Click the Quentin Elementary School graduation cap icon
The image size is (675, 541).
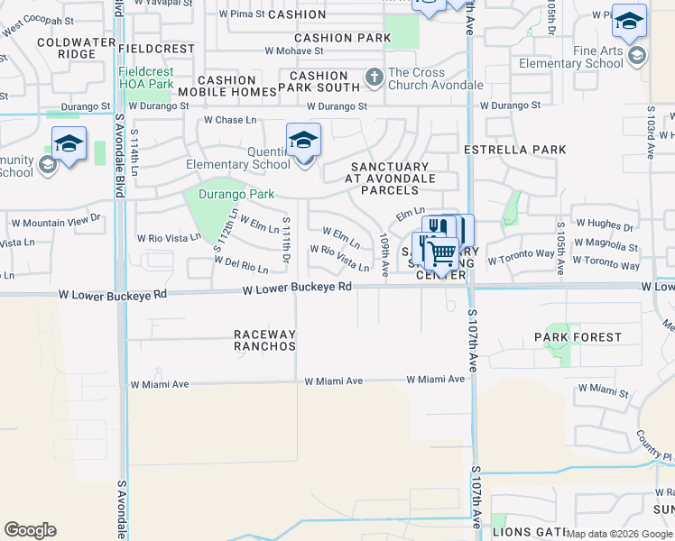pos(304,141)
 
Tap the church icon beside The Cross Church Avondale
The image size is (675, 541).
pos(374,78)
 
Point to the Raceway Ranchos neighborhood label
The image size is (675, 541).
pos(264,340)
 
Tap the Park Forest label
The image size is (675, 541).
pos(578,337)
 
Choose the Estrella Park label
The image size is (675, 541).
pos(515,150)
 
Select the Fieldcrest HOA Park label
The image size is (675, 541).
pos(145,78)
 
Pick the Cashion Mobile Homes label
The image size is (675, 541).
pos(227,87)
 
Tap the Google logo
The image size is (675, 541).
pos(31,530)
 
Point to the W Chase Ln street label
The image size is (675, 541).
pos(230,120)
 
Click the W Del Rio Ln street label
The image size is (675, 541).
pos(241,264)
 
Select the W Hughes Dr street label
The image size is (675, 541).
pos(605,224)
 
